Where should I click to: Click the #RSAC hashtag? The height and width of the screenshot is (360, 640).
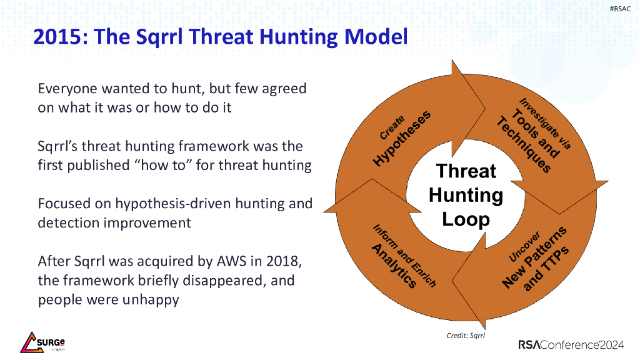click(620, 9)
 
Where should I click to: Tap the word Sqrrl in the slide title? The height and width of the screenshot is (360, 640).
click(159, 37)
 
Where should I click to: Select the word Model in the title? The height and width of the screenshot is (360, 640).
click(376, 36)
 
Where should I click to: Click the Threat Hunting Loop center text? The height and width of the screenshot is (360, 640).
click(466, 195)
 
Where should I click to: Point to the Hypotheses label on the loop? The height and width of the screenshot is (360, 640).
click(402, 138)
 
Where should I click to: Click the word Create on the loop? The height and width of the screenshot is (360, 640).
click(392, 127)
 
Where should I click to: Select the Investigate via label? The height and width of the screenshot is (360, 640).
click(545, 123)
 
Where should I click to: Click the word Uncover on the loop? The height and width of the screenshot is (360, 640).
click(524, 246)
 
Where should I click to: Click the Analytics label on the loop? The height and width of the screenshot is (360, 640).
click(394, 266)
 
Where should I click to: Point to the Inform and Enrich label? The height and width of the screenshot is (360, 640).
click(404, 256)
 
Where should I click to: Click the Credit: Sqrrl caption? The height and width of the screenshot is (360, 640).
click(465, 336)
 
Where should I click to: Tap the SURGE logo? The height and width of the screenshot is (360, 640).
click(42, 342)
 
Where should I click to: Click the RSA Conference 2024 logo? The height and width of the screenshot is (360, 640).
click(571, 345)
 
